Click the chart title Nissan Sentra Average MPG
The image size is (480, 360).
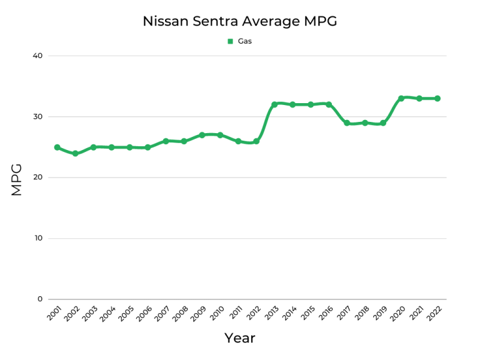tap(239, 21)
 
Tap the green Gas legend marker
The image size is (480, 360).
tap(230, 42)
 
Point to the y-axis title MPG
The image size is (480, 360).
tap(17, 179)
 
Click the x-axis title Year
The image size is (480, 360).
tap(239, 338)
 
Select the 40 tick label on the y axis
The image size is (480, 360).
tap(37, 56)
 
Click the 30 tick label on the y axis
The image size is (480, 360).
tap(37, 117)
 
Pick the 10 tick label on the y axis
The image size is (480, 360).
tap(37, 238)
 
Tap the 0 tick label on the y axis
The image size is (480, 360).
tap(40, 299)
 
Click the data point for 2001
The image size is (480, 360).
tap(57, 147)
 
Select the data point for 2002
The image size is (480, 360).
tap(75, 153)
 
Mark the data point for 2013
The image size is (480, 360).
tap(274, 104)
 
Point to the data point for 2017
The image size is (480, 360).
tap(347, 123)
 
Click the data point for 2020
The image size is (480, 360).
tap(401, 98)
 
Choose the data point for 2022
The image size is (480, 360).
tap(437, 98)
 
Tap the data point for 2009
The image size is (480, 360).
tap(202, 135)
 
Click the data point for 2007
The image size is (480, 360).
tap(166, 141)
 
